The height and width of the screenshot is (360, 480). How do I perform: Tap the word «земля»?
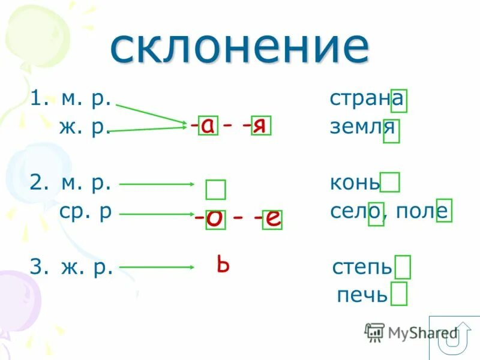tap(362, 128)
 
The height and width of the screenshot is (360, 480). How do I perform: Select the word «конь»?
tap(355, 182)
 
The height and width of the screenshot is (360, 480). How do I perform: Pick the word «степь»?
tap(362, 266)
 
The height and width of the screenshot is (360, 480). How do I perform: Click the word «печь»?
tap(362, 295)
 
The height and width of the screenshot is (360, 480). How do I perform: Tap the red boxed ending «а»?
tap(207, 125)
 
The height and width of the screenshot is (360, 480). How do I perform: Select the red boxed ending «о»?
tap(214, 219)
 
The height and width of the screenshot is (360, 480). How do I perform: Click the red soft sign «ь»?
tap(223, 264)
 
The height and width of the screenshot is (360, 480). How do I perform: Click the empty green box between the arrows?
tap(215, 190)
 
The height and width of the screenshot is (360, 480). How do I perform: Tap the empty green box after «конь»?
tap(390, 182)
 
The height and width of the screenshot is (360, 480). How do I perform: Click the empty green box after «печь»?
tap(398, 295)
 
